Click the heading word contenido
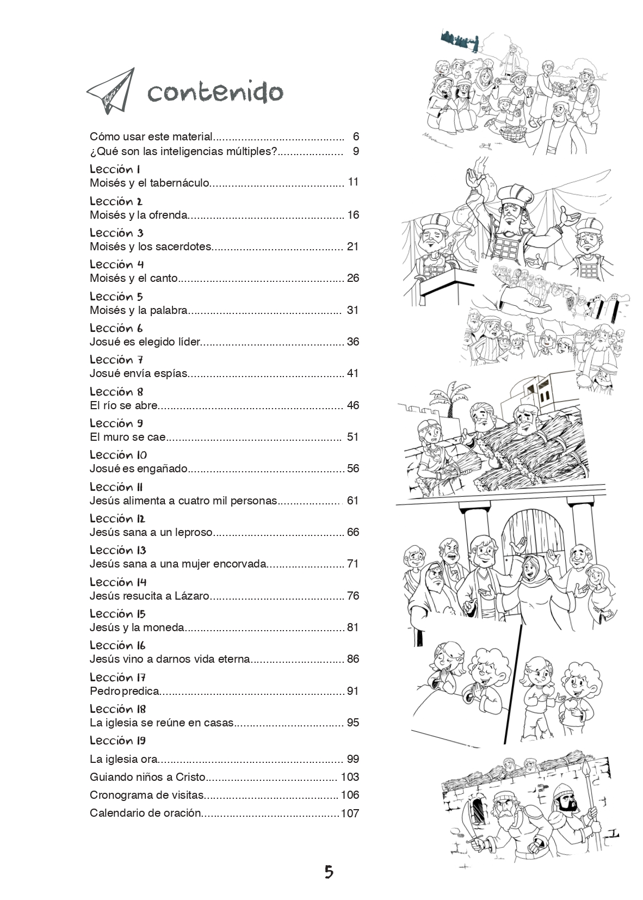tap(215, 92)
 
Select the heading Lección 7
tap(116, 360)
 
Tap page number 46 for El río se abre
tap(353, 405)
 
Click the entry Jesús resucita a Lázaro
tap(150, 596)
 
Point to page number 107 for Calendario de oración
tap(350, 813)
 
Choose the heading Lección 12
tap(118, 519)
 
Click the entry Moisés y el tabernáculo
tap(150, 183)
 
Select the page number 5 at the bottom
tap(329, 872)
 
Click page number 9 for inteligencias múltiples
tap(356, 151)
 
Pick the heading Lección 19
tap(118, 741)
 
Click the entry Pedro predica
tap(125, 691)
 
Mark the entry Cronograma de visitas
tap(147, 795)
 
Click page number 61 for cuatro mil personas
tap(353, 500)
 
